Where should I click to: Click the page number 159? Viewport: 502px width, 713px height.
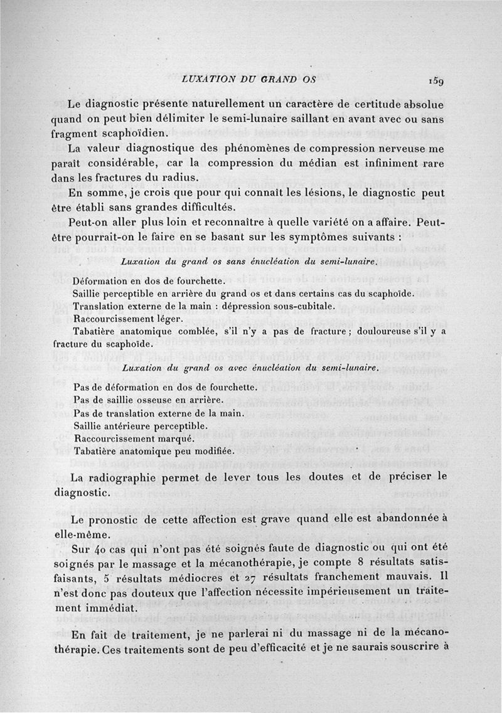437,81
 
